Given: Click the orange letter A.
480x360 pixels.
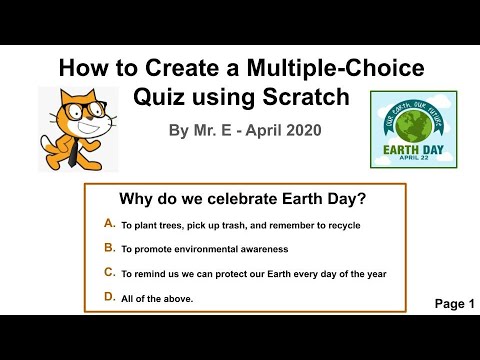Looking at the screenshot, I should (x=109, y=224).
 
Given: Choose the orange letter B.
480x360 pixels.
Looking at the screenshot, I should (x=109, y=248).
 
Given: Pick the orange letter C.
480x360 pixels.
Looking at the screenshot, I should (x=109, y=272).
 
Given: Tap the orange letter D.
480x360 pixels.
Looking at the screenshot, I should (x=109, y=297).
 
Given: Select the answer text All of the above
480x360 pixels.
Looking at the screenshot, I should (x=157, y=298).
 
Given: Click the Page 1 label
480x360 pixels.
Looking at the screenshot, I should (x=454, y=304).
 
